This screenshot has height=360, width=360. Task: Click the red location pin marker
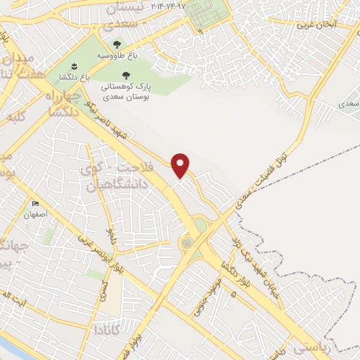(181, 165)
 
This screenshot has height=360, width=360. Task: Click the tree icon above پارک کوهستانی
(126, 75)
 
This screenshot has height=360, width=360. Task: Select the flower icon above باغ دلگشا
(84, 67)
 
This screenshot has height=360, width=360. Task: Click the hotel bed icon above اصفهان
(35, 204)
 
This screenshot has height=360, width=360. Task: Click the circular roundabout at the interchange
(188, 243)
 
